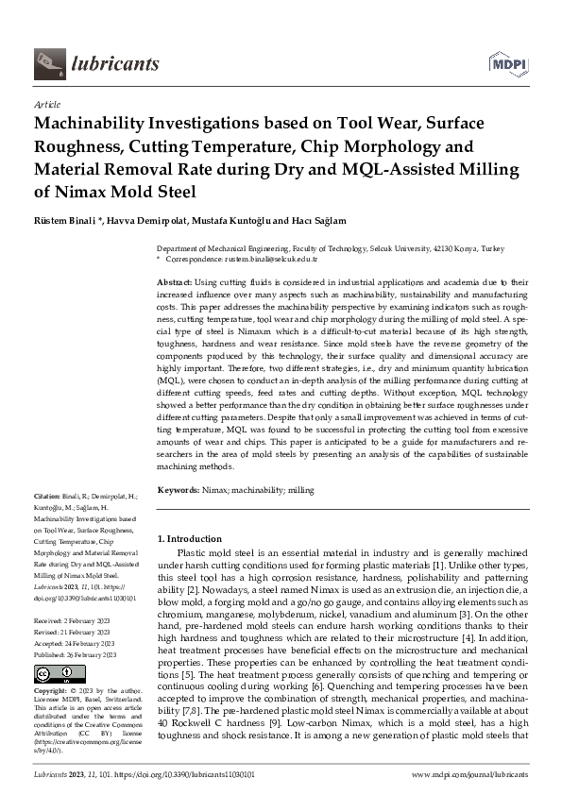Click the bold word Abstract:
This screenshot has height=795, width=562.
coord(175,282)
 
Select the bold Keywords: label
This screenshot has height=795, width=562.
coord(178,490)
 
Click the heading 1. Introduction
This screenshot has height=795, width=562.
coord(189,538)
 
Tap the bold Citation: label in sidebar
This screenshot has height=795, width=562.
coord(47,495)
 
